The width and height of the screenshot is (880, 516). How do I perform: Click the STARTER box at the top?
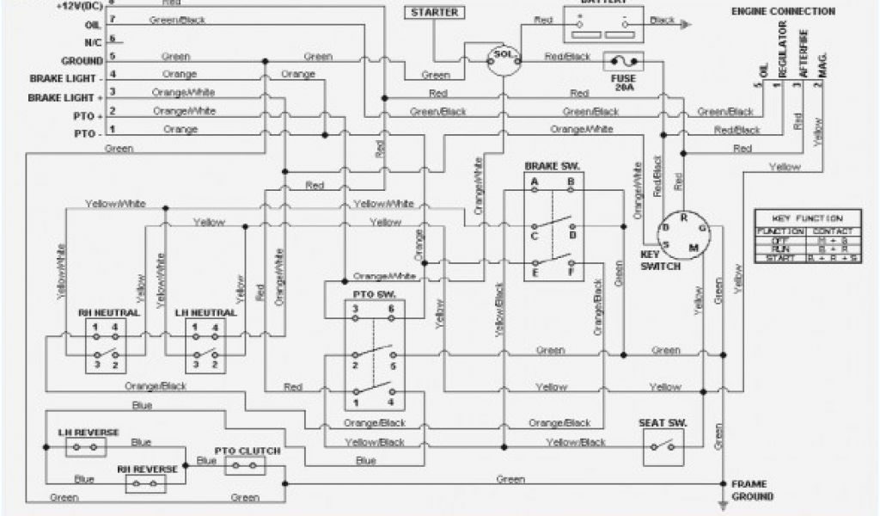tap(434, 13)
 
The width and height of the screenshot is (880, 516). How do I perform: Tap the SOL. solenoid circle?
tap(500, 57)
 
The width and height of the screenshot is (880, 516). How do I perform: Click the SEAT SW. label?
tap(661, 423)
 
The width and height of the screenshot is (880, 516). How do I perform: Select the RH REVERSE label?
tap(147, 470)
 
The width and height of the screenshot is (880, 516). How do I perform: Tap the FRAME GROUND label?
tap(752, 490)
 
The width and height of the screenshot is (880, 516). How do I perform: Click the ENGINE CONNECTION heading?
tap(782, 11)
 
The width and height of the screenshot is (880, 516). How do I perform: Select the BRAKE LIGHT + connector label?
tap(64, 98)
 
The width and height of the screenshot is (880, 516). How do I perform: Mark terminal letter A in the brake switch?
tap(535, 182)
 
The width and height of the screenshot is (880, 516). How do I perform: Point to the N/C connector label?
tap(94, 41)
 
